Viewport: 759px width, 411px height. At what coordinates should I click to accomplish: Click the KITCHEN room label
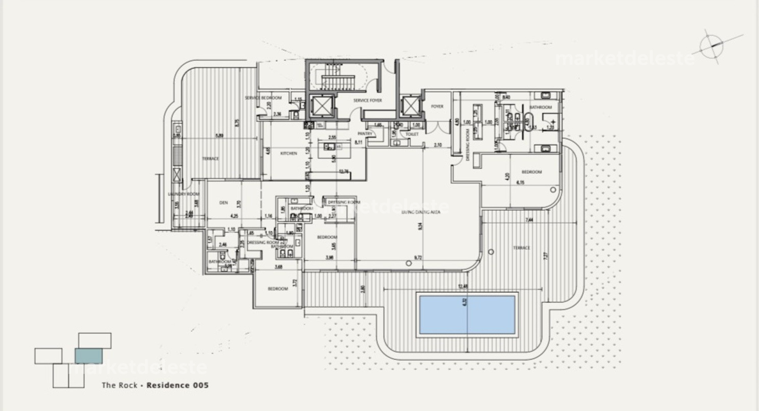(288, 153)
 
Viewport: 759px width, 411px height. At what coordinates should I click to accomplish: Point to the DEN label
(223, 203)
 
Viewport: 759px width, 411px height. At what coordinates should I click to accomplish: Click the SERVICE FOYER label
(367, 100)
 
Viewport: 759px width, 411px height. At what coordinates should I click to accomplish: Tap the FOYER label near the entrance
(437, 106)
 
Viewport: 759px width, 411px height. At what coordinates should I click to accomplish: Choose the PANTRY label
(365, 134)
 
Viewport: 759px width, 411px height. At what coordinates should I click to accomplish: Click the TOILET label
(412, 134)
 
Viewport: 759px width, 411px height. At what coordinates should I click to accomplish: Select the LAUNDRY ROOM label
(184, 194)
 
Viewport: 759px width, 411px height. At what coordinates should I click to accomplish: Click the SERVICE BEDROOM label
(263, 98)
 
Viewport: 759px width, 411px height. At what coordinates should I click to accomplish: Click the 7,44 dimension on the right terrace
(529, 220)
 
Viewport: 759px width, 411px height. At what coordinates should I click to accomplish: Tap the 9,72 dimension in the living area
(418, 258)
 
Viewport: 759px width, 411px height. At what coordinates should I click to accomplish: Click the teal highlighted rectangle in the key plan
(89, 356)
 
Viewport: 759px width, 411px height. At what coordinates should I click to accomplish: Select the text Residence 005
(177, 385)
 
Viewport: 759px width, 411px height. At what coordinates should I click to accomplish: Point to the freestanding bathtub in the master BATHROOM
(529, 119)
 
